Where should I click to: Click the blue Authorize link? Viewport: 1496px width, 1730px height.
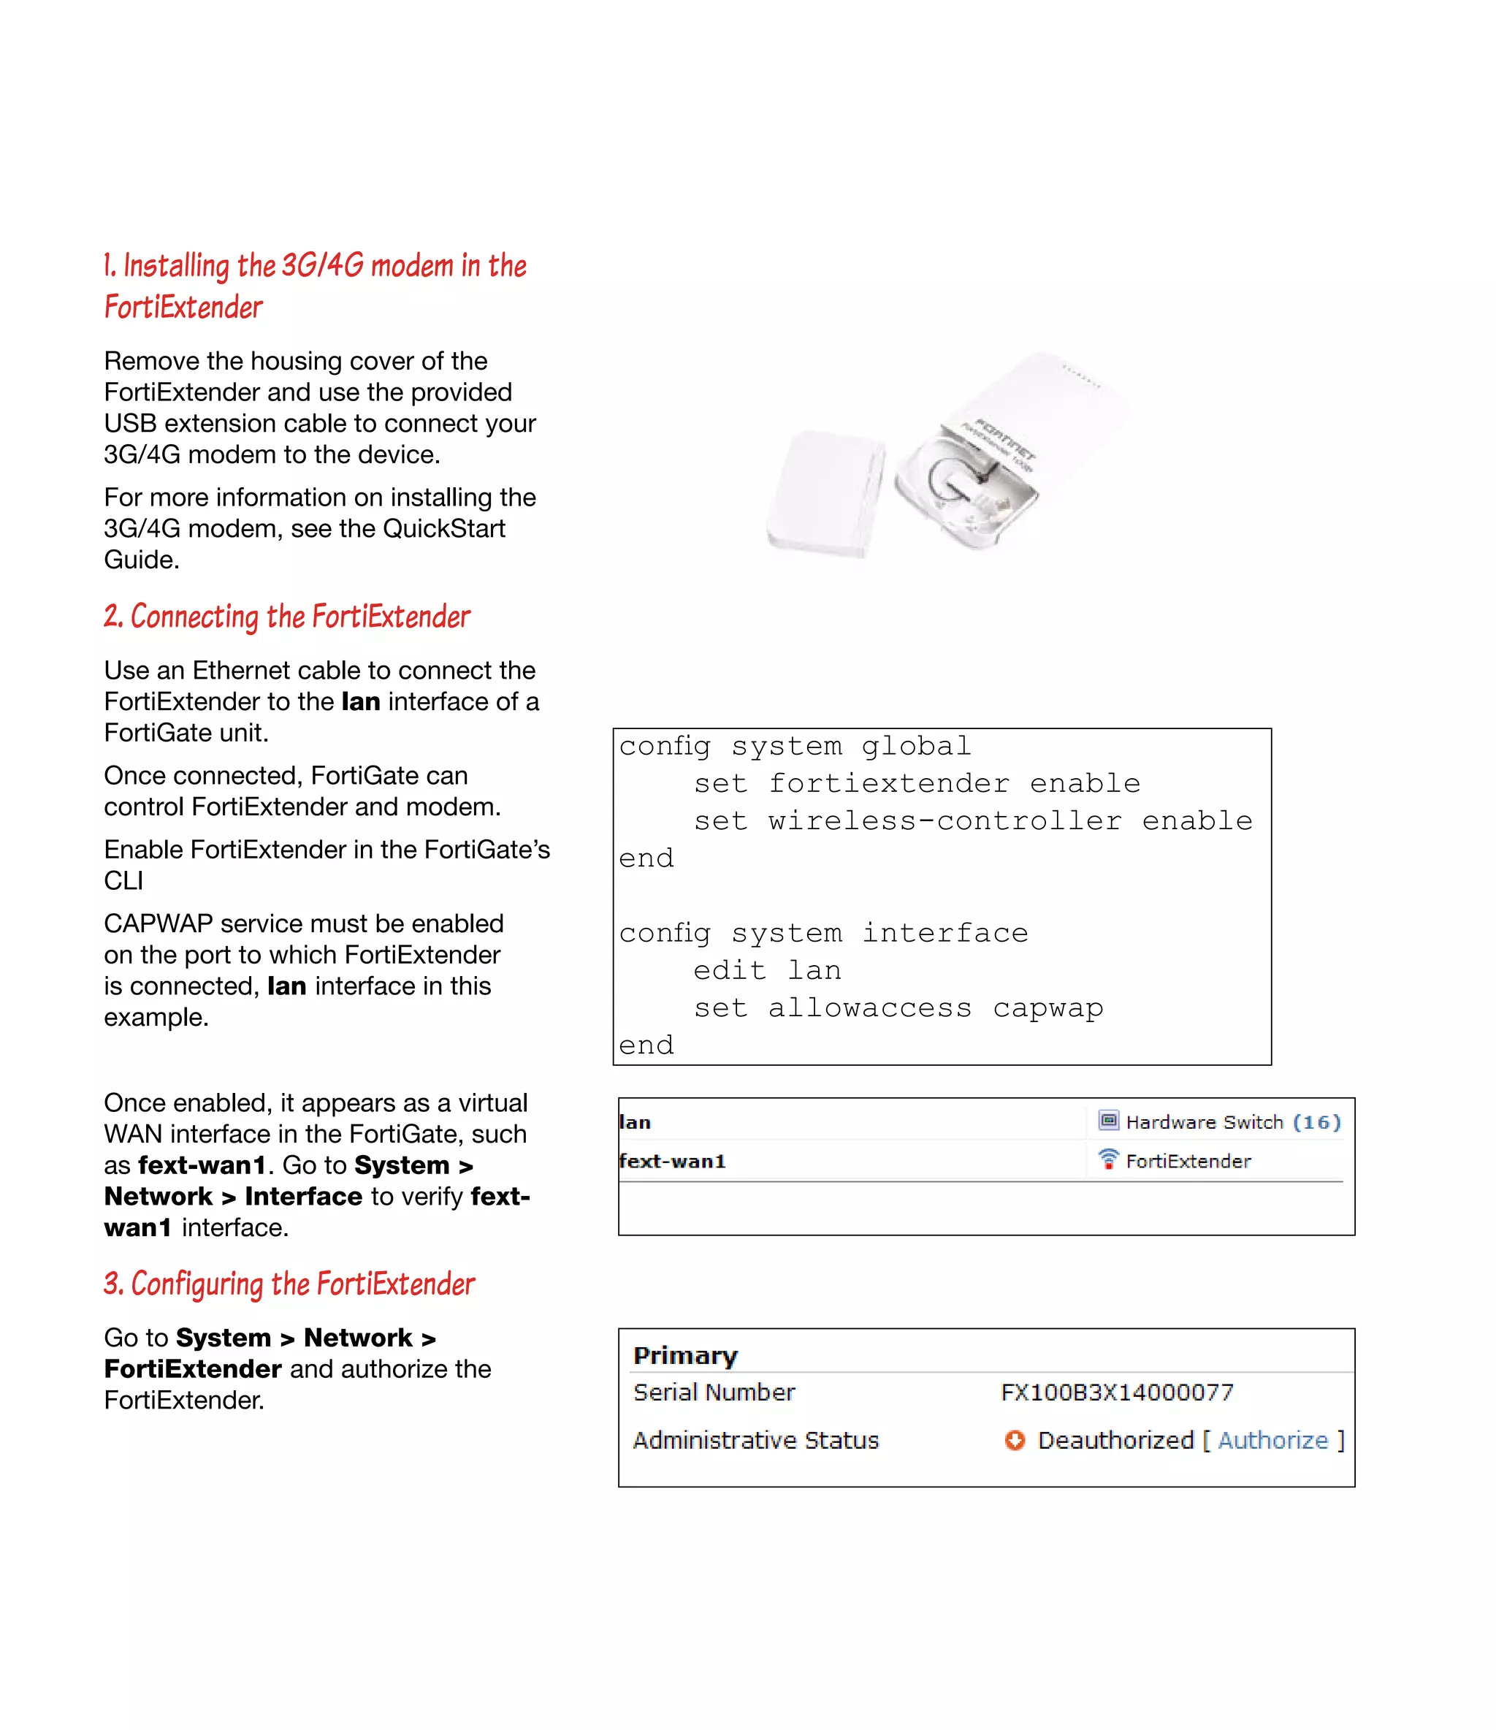[x=1272, y=1440]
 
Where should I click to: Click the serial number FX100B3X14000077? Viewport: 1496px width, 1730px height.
[x=1117, y=1392]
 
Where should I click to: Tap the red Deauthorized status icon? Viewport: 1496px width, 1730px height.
[x=1015, y=1440]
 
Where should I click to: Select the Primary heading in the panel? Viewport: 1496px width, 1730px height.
[x=685, y=1355]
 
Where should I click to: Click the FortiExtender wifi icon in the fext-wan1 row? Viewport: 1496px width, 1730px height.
[x=1108, y=1159]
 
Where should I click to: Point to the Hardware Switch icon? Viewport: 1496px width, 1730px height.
[x=1108, y=1121]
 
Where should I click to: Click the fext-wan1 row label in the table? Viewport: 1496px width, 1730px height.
[x=672, y=1162]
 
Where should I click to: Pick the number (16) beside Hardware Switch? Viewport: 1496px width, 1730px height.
[x=1316, y=1122]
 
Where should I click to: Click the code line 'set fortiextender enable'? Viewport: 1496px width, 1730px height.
[x=916, y=783]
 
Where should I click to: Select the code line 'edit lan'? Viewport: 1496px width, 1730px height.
[x=766, y=970]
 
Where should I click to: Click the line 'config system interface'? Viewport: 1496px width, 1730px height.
[x=823, y=933]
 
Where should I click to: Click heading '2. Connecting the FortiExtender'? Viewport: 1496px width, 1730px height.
[x=287, y=617]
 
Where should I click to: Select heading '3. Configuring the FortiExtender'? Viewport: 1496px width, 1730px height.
[x=289, y=1284]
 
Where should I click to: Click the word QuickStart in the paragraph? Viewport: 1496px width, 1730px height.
[x=443, y=528]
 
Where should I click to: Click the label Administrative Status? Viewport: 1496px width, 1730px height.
[x=755, y=1440]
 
